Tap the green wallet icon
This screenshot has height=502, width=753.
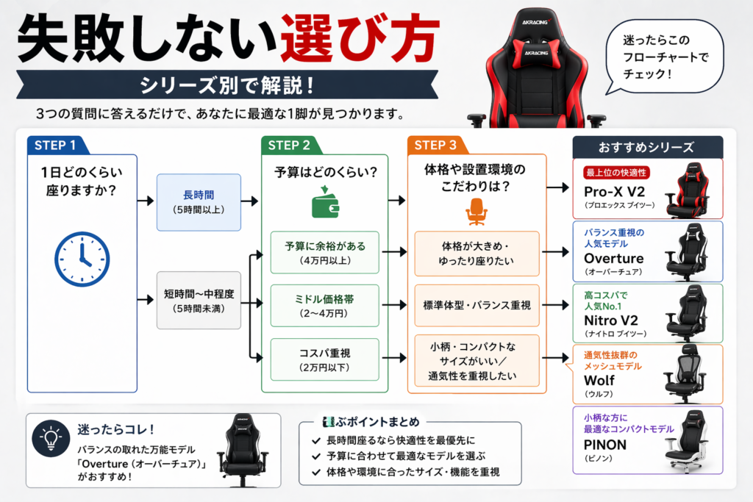coord(325,207)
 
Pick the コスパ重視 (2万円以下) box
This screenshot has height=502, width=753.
coord(324,359)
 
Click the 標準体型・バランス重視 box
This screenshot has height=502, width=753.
coord(477,305)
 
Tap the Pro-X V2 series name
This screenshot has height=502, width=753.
coord(614,191)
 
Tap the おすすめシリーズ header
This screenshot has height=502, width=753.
coord(647,146)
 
